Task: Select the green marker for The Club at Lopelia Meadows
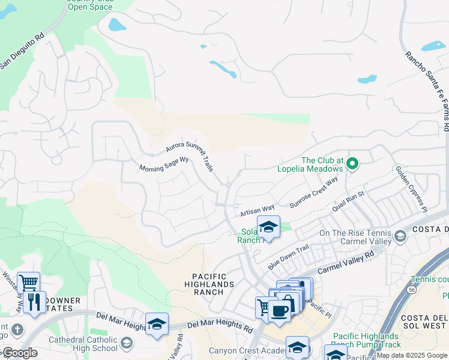pyautogui.click(x=353, y=163)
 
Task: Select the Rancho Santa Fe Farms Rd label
pyautogui.click(x=426, y=90)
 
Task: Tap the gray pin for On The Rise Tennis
pyautogui.click(x=400, y=238)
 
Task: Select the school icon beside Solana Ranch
pyautogui.click(x=268, y=227)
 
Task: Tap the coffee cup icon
pyautogui.click(x=279, y=311)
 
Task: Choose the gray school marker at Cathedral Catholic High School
pyautogui.click(x=126, y=343)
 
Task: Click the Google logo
pyautogui.click(x=20, y=353)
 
